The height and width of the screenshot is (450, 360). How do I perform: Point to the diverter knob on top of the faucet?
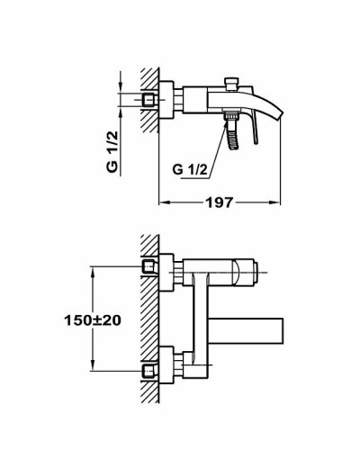[229, 83]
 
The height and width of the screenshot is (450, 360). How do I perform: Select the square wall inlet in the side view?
[148, 98]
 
